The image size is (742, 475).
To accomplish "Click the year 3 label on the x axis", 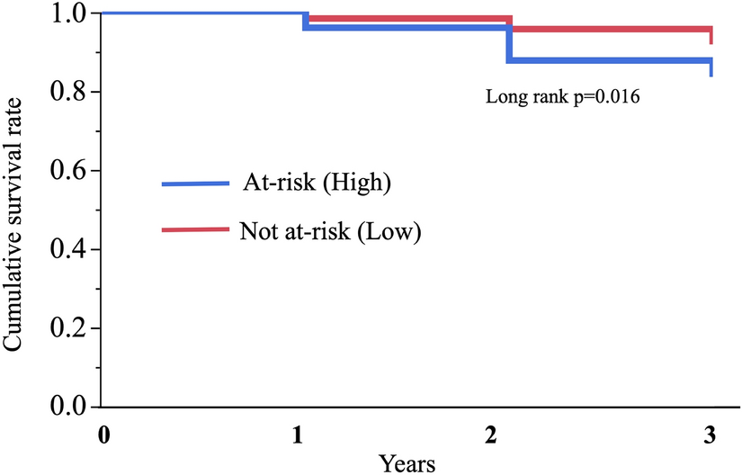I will pos(709,434).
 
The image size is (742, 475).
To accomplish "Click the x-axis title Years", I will pos(407,462).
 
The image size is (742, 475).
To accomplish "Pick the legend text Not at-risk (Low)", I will pos(330,229).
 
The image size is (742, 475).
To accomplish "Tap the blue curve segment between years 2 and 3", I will pos(612,61).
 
